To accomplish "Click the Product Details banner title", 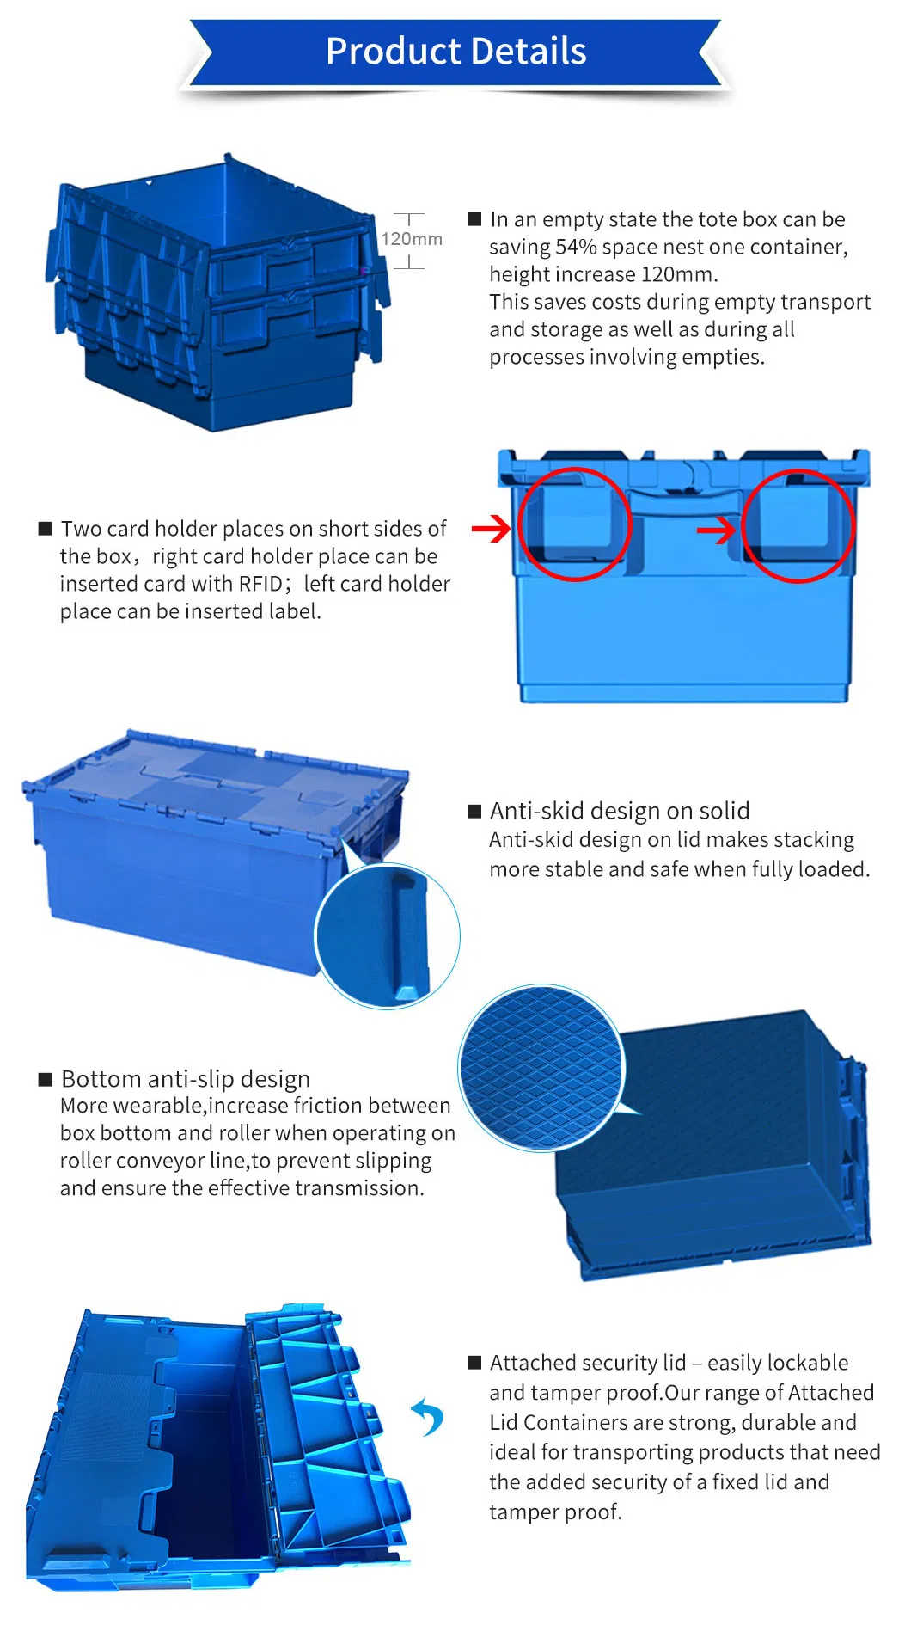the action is point(455,52).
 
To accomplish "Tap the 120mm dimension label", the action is point(412,239).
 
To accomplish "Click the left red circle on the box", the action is point(574,524).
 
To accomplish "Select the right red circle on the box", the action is point(798,525).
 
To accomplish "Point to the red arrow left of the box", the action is point(492,529).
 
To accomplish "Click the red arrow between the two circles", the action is point(717,530).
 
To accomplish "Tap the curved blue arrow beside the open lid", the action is point(428,1417).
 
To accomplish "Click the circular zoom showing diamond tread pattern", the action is point(541,1068).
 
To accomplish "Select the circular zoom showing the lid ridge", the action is point(388,935).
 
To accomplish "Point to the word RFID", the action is point(260,584).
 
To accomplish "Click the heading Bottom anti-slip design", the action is point(186,1079).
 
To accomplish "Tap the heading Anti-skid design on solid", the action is point(620,811).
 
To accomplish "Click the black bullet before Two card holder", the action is point(46,529).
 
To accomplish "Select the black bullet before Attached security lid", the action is point(474,1363).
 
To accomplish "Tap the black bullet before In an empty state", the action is point(474,219).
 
